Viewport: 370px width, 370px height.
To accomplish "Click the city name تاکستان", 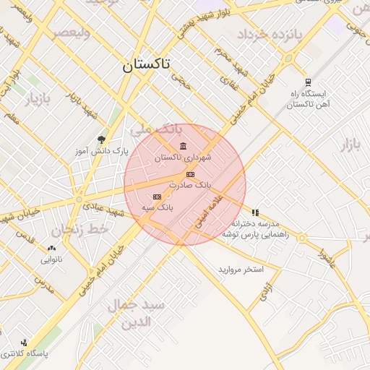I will [146, 64].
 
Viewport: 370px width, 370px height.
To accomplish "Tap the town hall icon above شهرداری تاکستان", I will [182, 147].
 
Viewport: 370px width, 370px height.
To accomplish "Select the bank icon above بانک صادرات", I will [190, 175].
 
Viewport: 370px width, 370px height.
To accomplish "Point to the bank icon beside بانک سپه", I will [157, 197].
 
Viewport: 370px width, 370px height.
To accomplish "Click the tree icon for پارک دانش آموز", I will [100, 139].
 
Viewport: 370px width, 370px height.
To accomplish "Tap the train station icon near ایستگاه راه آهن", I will [309, 82].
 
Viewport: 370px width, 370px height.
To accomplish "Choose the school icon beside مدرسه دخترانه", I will [255, 212].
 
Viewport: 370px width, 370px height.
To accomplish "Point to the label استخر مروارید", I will [241, 270].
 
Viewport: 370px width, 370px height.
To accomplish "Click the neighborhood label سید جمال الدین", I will [137, 313].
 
